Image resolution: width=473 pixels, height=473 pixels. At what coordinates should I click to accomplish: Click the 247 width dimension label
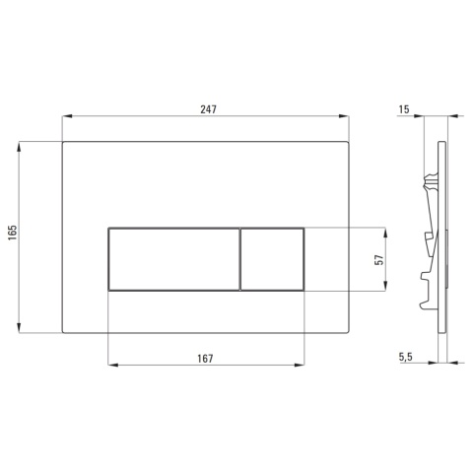208,109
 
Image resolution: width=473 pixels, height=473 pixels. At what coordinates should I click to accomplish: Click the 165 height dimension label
13,233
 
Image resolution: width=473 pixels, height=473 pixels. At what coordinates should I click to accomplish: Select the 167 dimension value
205,359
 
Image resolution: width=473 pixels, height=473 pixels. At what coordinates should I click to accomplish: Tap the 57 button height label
379,259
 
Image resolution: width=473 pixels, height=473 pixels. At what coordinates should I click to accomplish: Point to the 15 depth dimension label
404,109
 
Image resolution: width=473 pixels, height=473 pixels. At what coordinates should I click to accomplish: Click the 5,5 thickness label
406,357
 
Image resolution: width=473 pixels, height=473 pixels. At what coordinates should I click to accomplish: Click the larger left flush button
173,259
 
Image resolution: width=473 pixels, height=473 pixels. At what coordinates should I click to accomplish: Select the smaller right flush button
272,259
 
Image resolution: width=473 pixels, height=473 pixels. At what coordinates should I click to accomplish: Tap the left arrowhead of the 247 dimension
67,116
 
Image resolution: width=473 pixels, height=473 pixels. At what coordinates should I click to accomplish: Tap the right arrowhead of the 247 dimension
344,116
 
